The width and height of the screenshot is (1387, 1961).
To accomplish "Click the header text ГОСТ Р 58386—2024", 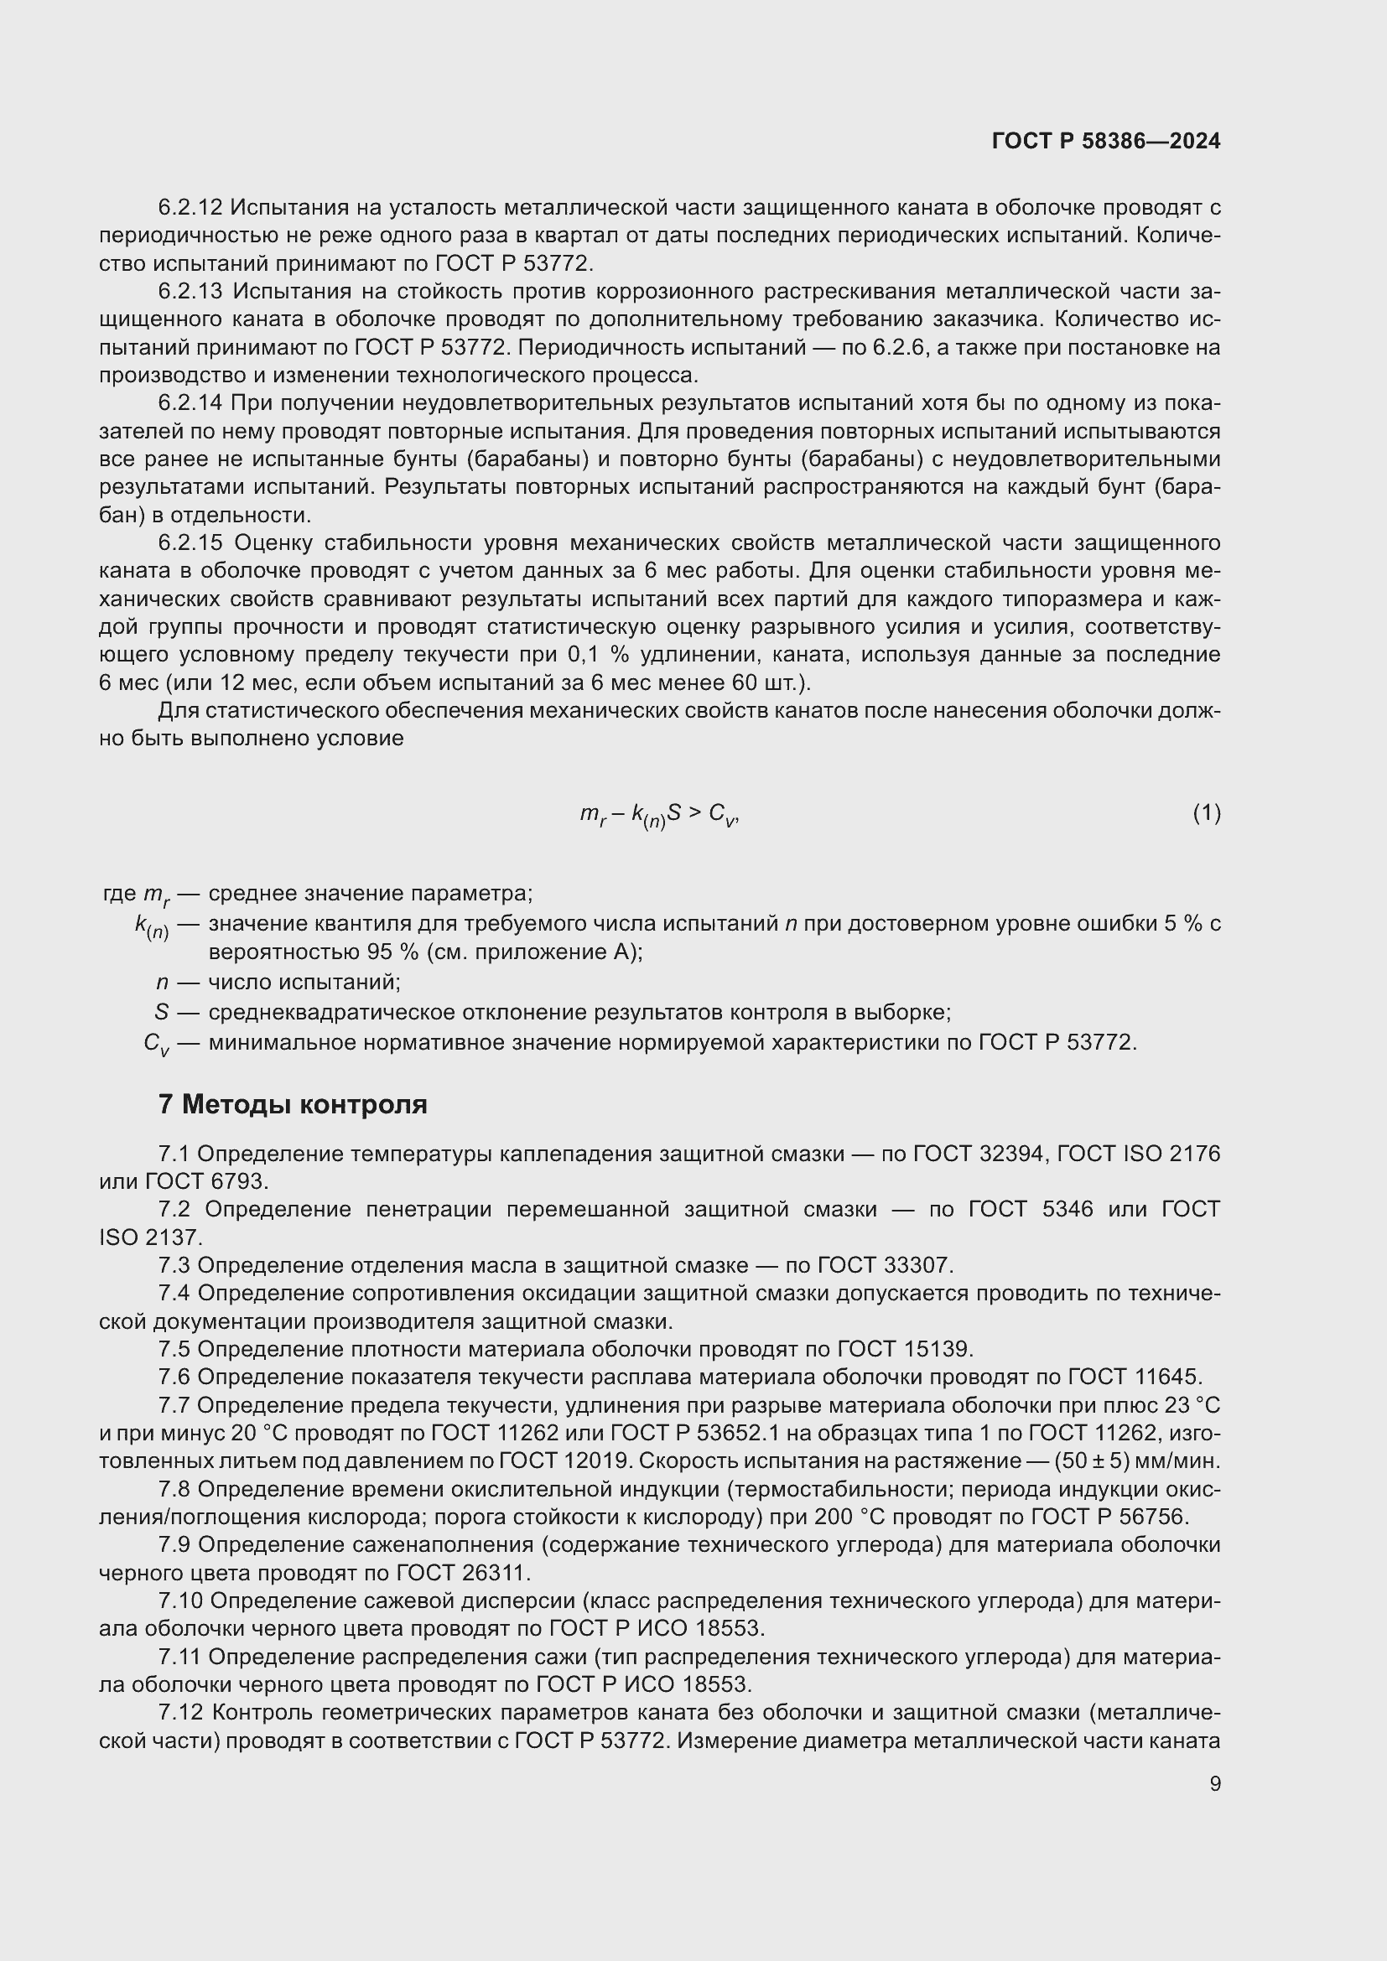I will pos(1105,141).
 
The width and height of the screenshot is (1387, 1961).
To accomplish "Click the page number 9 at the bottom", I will pos(1214,1783).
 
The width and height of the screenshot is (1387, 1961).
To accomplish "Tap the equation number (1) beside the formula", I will pos(1206,813).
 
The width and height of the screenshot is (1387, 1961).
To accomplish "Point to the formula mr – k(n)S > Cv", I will pos(658,814).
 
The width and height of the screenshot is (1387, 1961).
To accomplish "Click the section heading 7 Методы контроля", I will pos(292,1104).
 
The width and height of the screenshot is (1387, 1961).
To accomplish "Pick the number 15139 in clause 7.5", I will pos(937,1349).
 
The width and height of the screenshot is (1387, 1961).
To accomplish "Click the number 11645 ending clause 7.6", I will pos(1167,1377).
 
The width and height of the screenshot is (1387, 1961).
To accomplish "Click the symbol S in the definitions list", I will pos(161,1012).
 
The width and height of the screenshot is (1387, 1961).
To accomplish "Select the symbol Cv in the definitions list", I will pos(156,1044).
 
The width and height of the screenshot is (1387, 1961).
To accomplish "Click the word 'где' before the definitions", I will pos(119,894).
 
